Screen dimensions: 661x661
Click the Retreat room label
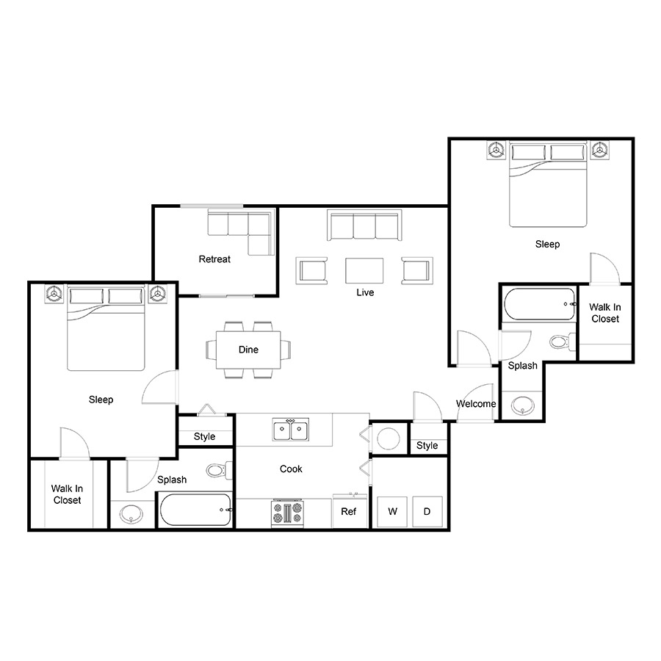214,259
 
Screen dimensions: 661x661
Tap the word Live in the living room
365,292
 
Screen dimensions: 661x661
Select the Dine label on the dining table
248,350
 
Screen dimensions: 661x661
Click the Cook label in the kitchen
291,469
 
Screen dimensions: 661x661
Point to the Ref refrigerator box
350,511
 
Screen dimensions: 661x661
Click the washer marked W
392,511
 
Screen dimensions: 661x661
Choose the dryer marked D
427,511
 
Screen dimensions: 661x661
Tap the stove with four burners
287,513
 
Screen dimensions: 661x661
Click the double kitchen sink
290,430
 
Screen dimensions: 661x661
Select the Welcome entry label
476,404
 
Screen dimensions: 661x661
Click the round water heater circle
389,439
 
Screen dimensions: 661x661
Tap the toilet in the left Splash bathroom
219,470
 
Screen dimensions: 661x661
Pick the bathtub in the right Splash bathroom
540,304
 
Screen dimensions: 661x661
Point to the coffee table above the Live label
364,270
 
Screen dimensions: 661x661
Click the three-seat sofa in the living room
364,225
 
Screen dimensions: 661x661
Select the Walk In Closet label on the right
605,313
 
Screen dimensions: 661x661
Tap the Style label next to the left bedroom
204,436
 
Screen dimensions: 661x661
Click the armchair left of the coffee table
311,270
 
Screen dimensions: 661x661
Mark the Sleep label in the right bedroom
548,244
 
